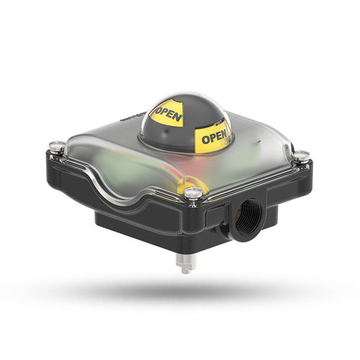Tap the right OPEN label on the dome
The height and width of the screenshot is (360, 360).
(215, 136)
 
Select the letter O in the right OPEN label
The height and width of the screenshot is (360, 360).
(204, 139)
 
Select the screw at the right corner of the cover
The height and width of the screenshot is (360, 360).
(302, 155)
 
